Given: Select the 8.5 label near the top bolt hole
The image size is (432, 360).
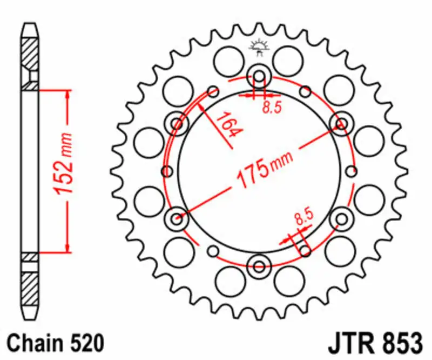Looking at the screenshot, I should [272, 108].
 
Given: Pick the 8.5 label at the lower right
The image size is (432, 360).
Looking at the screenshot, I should [304, 217].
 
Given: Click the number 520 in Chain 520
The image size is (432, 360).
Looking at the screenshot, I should [85, 342].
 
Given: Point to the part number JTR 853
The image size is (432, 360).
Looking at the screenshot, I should [374, 342].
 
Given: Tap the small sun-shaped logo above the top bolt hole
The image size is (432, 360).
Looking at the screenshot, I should [258, 48].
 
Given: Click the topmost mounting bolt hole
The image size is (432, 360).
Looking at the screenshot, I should [259, 76].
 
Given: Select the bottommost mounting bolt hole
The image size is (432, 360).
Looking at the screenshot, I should [259, 266].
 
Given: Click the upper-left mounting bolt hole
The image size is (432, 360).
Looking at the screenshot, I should [177, 124].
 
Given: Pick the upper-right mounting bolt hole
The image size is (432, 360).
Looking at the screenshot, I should [341, 124].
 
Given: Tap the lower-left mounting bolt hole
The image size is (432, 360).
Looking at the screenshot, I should [177, 219].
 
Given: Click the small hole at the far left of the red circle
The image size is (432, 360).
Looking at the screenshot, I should [167, 171].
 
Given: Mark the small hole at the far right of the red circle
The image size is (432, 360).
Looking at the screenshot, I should [352, 171].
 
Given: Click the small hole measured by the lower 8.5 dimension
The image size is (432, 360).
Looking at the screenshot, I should [305, 251].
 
